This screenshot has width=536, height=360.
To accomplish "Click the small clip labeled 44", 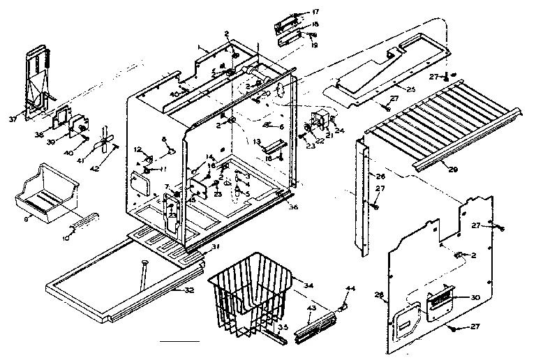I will click(343, 306).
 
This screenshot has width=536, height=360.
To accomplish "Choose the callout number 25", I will click(410, 89).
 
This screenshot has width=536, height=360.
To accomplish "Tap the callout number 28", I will click(380, 294).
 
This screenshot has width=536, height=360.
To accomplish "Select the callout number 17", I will click(315, 12).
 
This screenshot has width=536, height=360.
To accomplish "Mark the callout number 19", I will click(315, 45).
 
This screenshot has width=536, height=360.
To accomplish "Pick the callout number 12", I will click(138, 149).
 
